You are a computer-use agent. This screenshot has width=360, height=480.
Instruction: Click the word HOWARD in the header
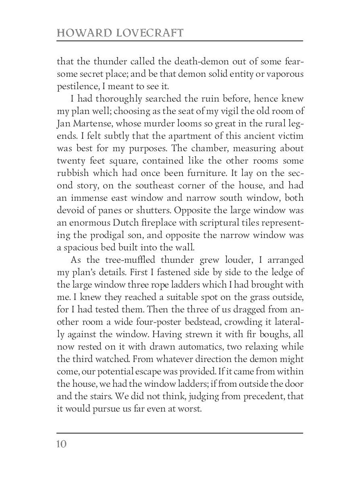(x=81, y=33)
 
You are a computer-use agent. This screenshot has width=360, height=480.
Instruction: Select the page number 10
(x=62, y=444)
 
